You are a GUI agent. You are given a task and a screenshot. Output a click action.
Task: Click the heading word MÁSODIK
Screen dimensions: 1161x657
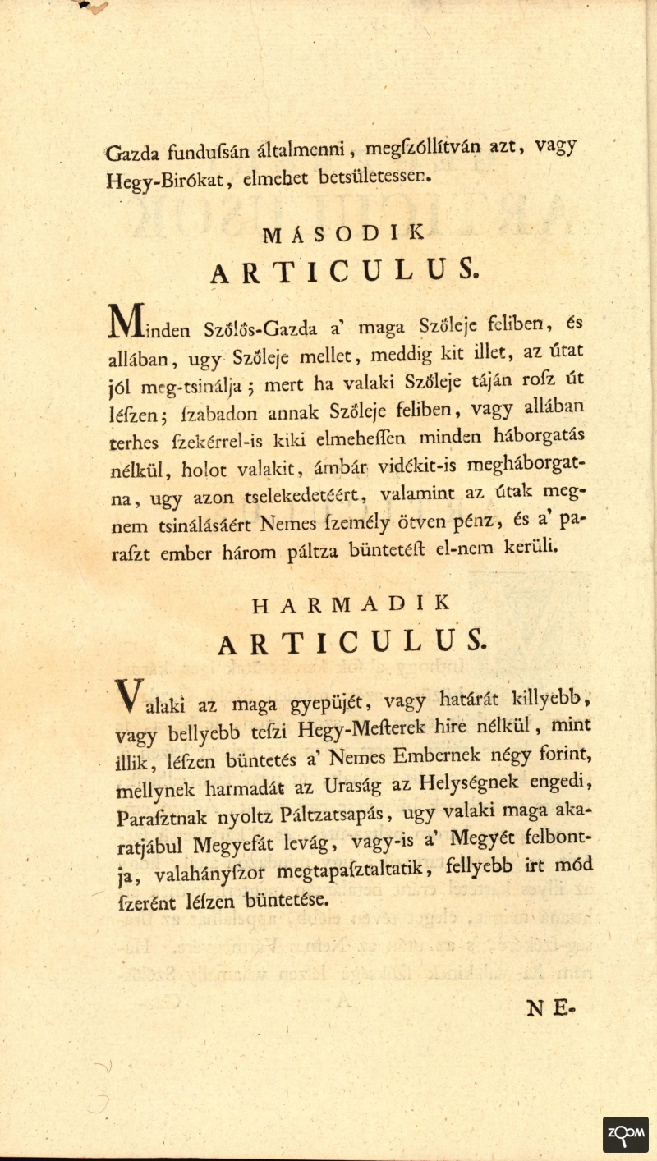click(343, 233)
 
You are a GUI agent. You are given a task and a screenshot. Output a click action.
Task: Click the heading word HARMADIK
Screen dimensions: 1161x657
click(351, 603)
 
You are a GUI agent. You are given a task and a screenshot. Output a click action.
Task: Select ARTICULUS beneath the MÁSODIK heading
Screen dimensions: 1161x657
click(343, 270)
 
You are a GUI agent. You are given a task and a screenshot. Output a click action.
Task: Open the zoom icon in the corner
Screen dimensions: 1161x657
click(625, 1134)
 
